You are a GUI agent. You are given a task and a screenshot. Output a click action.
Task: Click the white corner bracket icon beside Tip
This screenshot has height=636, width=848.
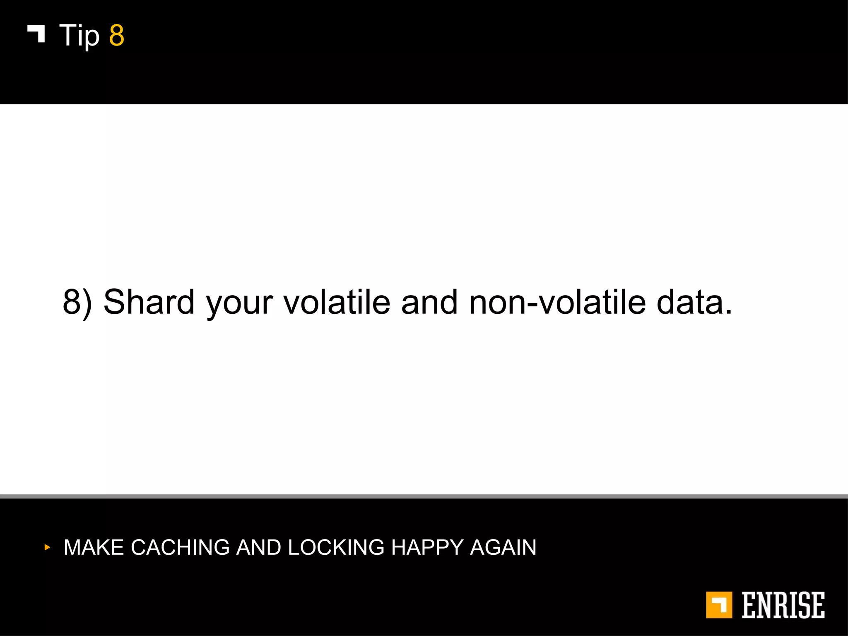tap(36, 34)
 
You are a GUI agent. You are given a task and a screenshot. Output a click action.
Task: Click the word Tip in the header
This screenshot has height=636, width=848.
tap(79, 36)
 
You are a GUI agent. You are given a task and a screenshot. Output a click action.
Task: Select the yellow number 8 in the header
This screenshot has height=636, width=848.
tap(116, 36)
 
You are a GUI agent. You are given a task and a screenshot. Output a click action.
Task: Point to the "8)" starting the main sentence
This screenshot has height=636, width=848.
tap(77, 302)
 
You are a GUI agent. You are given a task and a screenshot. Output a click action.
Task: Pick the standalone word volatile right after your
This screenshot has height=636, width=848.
tap(337, 301)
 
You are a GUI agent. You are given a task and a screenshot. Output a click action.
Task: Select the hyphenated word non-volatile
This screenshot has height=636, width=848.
tap(557, 301)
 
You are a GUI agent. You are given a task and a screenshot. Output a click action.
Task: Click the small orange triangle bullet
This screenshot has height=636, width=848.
tap(47, 547)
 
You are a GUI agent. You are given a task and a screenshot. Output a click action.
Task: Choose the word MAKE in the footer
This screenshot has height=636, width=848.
tap(94, 547)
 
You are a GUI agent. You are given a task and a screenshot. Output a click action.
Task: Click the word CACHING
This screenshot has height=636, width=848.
tap(180, 547)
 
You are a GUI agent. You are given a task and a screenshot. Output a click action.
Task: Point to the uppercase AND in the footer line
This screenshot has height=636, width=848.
tap(258, 547)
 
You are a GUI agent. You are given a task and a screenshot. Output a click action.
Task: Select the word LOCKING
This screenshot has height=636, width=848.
tap(336, 547)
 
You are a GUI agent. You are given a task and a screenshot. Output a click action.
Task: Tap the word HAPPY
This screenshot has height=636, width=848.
tap(427, 547)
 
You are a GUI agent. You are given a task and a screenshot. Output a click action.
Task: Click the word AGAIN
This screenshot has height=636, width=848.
tap(503, 547)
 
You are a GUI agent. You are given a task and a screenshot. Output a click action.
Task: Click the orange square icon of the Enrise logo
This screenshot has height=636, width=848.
tap(719, 605)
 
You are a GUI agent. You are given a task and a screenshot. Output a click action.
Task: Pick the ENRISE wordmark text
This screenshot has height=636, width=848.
tap(783, 605)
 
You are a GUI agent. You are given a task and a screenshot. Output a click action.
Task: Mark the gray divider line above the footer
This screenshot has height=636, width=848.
tap(424, 496)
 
